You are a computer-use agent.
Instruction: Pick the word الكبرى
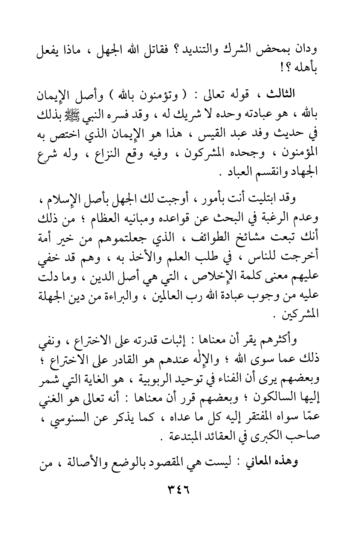(x=268, y=436)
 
